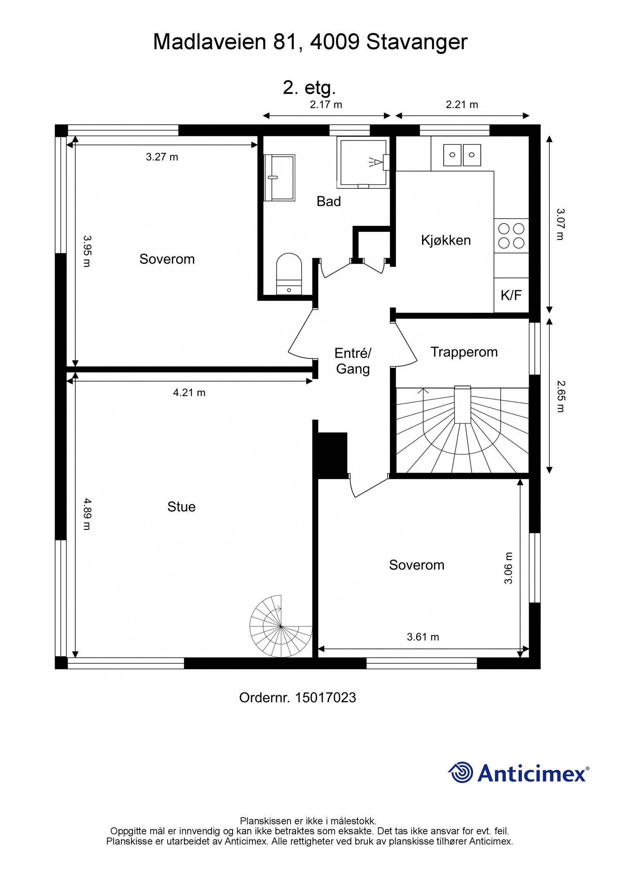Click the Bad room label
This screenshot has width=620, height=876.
click(329, 201)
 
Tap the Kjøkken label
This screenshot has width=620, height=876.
click(446, 240)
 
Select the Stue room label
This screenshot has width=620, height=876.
click(181, 507)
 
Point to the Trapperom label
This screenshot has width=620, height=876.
click(464, 352)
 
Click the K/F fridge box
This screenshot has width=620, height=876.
click(511, 295)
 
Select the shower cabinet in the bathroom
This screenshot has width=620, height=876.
click(362, 162)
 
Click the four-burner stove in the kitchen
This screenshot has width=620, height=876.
click(511, 236)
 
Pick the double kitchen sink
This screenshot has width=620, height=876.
click(462, 155)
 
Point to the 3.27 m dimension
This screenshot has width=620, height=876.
click(162, 157)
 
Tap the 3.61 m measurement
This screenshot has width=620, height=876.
click(423, 637)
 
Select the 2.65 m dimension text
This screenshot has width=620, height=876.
click(560, 396)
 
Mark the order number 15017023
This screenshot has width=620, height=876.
click(325, 698)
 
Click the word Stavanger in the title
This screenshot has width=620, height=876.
click(417, 42)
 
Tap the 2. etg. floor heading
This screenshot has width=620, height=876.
click(309, 88)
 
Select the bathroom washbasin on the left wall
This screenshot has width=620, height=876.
click(279, 178)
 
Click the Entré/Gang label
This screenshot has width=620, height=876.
click(353, 361)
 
